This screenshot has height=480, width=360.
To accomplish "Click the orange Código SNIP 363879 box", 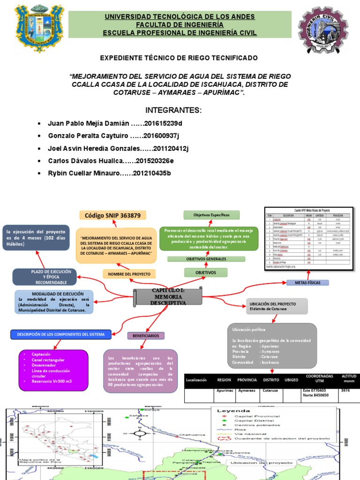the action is point(112,215).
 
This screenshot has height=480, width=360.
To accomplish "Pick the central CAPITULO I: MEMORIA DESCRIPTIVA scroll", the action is point(168,297).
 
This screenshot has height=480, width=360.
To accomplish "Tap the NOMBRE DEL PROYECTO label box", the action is point(129,274).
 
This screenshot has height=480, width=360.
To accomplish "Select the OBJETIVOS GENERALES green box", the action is point(206,259).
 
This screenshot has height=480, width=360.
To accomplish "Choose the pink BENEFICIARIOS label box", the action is point(145,336).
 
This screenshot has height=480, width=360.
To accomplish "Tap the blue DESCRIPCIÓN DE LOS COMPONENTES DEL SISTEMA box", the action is point(61,334).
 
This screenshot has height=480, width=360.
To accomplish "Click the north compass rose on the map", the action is point(139,434).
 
